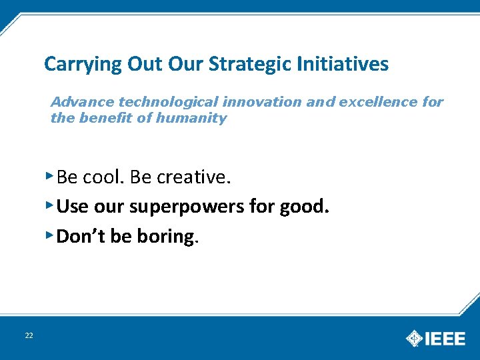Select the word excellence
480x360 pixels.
(x=379, y=102)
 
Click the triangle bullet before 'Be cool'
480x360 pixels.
(x=49, y=175)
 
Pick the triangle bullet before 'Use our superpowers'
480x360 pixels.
(x=49, y=205)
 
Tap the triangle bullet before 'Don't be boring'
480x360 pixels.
(x=49, y=234)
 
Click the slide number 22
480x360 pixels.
(x=29, y=335)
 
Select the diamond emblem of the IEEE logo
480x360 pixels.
(x=415, y=338)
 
